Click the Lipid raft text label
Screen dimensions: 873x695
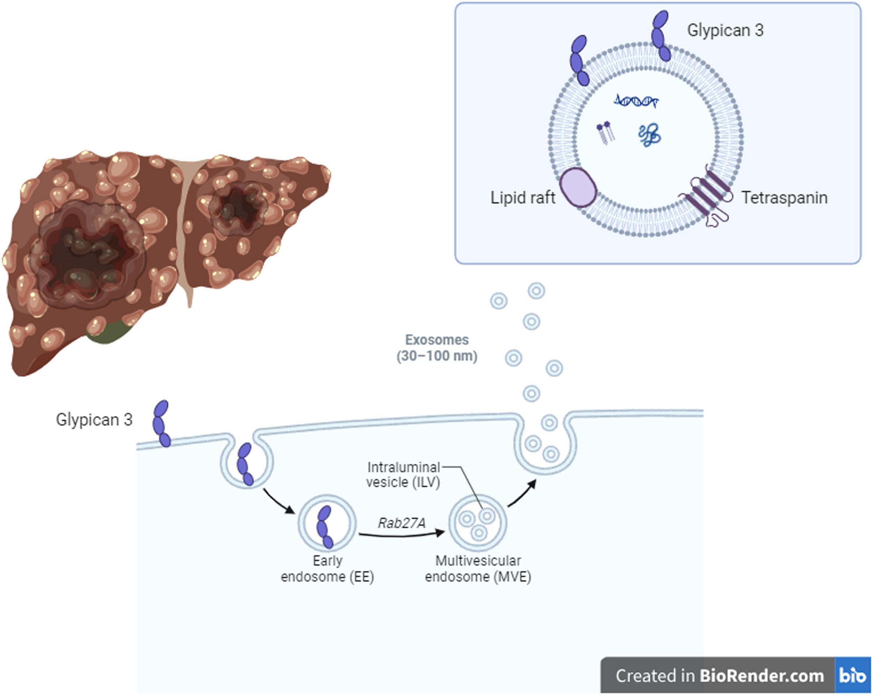523,198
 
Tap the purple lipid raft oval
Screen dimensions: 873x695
578,187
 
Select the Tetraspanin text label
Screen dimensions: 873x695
784,198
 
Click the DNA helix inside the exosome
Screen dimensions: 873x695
636,101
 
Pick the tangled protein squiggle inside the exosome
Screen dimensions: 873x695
650,135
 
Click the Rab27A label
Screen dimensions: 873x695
402,523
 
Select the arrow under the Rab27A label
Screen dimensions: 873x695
401,535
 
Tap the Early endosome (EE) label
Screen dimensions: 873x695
327,569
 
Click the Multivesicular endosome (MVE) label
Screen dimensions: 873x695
478,569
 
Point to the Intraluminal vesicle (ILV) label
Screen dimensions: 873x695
403,475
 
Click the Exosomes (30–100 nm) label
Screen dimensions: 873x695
437,348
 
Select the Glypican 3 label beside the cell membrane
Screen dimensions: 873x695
94,420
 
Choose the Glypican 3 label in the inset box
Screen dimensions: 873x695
725,30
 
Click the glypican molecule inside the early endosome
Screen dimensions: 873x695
325,527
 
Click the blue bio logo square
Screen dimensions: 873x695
853,675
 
